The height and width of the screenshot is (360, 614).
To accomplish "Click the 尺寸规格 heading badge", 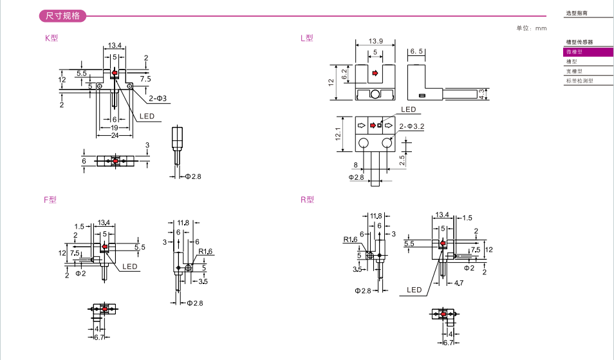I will (x=62, y=15).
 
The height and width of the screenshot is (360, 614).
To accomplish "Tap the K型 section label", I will (x=51, y=38).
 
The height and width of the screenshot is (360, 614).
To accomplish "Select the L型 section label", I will (x=307, y=38).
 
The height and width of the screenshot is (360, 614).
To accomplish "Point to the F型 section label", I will (x=50, y=200).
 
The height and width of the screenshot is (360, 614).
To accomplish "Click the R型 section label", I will (x=307, y=200).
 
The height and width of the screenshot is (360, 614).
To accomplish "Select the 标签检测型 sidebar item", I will (x=579, y=81).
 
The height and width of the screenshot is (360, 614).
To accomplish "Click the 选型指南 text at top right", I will (x=577, y=13).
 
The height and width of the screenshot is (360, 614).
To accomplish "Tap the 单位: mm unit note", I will (x=531, y=28).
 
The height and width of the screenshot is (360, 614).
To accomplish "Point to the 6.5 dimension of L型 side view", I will (x=416, y=51).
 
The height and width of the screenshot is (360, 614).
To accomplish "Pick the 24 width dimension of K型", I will (x=114, y=135).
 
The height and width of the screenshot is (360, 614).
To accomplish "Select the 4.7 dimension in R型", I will (x=458, y=282).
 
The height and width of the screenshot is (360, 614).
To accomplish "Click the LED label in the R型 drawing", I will (x=414, y=290).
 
